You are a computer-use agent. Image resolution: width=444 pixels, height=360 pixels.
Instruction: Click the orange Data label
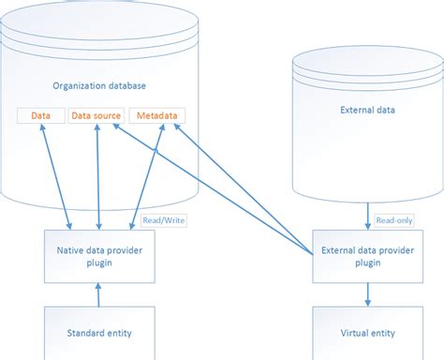point(40,115)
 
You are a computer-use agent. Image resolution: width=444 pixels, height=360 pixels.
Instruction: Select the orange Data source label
point(96,115)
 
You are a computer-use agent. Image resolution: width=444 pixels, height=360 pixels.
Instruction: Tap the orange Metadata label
point(157,115)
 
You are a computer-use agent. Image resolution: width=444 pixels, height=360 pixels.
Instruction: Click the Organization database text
point(98,85)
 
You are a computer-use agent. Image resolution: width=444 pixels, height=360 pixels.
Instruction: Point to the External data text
point(365,110)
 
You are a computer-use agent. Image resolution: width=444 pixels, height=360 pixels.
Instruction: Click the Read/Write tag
point(155,220)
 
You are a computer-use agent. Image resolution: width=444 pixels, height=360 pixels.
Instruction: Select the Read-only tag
point(392,220)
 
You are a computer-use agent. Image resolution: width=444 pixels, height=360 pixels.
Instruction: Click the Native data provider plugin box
point(98,256)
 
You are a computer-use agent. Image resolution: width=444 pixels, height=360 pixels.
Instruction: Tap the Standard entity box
point(98,332)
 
